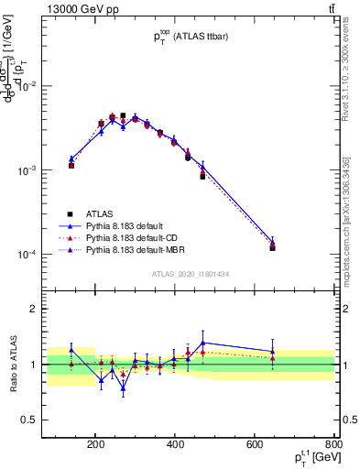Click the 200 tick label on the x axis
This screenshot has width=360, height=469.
point(95,446)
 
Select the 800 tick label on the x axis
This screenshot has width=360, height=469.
point(332,446)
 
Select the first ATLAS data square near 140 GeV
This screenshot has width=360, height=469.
point(71,166)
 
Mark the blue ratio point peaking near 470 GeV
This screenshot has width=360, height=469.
point(202,343)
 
